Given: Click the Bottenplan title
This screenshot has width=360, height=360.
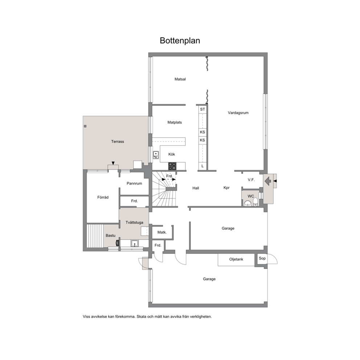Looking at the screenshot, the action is point(180,40).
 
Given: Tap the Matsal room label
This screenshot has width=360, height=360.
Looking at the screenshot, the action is point(180,79).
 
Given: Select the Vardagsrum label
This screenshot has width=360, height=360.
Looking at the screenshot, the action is point(238,113).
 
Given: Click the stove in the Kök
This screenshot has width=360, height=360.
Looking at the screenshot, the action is point(172,166).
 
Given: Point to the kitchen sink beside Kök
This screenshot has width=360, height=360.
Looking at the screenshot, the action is point(156,155).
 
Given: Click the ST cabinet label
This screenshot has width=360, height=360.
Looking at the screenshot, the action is point(202,109).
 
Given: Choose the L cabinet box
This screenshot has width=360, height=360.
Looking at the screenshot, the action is point(202,166).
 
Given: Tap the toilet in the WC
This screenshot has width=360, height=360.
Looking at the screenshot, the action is point(255,202).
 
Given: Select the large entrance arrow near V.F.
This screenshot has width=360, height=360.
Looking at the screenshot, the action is point(268,181).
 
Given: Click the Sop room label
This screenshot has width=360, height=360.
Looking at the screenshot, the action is point(262,258).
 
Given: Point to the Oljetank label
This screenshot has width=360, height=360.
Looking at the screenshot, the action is point(236,259).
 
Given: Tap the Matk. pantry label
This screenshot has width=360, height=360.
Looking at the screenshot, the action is point(162,232).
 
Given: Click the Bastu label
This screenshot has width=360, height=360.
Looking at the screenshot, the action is point(110,236).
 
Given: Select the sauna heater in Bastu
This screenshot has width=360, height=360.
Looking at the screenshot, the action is point(118,243).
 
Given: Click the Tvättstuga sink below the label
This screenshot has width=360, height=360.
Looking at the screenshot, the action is point(135,244).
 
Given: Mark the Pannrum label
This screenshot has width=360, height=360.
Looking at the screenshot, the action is point(134,183).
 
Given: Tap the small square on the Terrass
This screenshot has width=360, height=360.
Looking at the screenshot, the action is point(85,126).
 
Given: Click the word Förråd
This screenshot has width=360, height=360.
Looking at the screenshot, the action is point(103,197).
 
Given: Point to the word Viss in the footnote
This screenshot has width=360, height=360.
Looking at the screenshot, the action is point(86,316).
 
